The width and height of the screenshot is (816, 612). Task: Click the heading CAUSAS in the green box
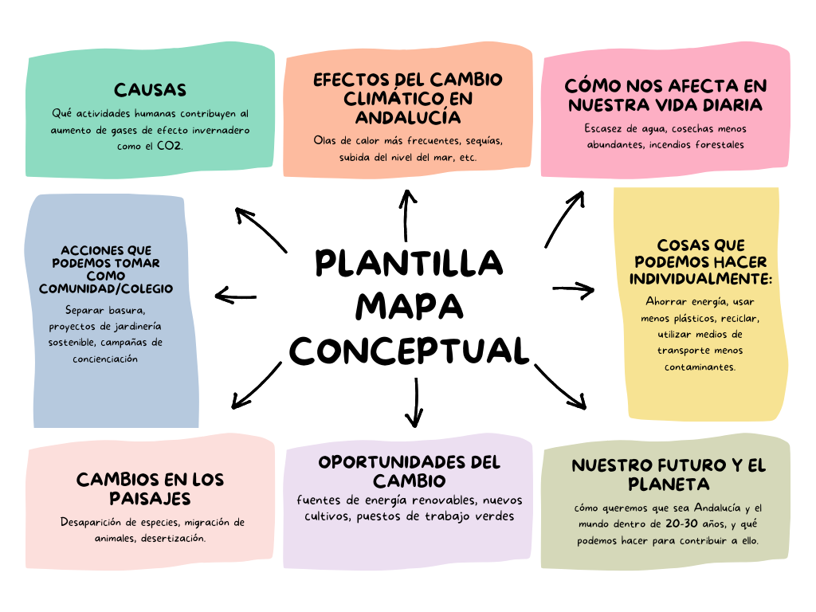click(x=150, y=90)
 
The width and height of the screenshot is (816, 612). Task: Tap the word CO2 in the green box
click(x=170, y=146)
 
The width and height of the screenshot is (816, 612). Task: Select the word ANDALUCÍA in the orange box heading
click(x=408, y=116)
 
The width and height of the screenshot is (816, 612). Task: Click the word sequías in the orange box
click(x=484, y=140)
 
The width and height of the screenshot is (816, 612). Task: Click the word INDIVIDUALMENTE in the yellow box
click(x=700, y=279)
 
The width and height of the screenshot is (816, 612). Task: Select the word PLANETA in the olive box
click(x=669, y=484)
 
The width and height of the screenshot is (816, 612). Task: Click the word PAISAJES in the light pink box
click(x=150, y=499)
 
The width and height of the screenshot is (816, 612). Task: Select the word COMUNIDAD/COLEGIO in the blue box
click(x=106, y=288)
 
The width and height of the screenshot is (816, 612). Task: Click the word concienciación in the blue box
click(x=105, y=359)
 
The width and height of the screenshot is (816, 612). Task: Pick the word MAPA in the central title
click(x=410, y=306)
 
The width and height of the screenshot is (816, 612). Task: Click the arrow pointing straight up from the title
click(x=407, y=215)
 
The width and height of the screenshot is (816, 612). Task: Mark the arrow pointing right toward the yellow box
click(x=574, y=290)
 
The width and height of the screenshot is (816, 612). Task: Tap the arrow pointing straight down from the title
click(x=415, y=402)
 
